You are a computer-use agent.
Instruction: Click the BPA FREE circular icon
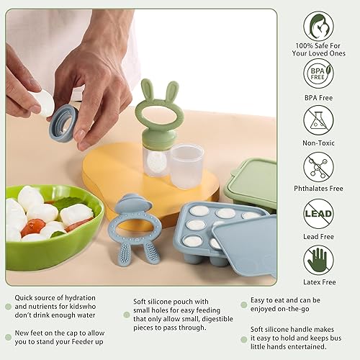coord(318,73)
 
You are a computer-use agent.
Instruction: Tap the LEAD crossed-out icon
coord(318,214)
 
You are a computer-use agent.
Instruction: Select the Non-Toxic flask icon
coord(318,120)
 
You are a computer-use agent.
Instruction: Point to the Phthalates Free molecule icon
coord(318,167)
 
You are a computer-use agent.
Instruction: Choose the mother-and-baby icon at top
coord(318,26)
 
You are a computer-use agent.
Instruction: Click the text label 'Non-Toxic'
coord(318,143)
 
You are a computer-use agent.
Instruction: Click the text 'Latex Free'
coord(318,282)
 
